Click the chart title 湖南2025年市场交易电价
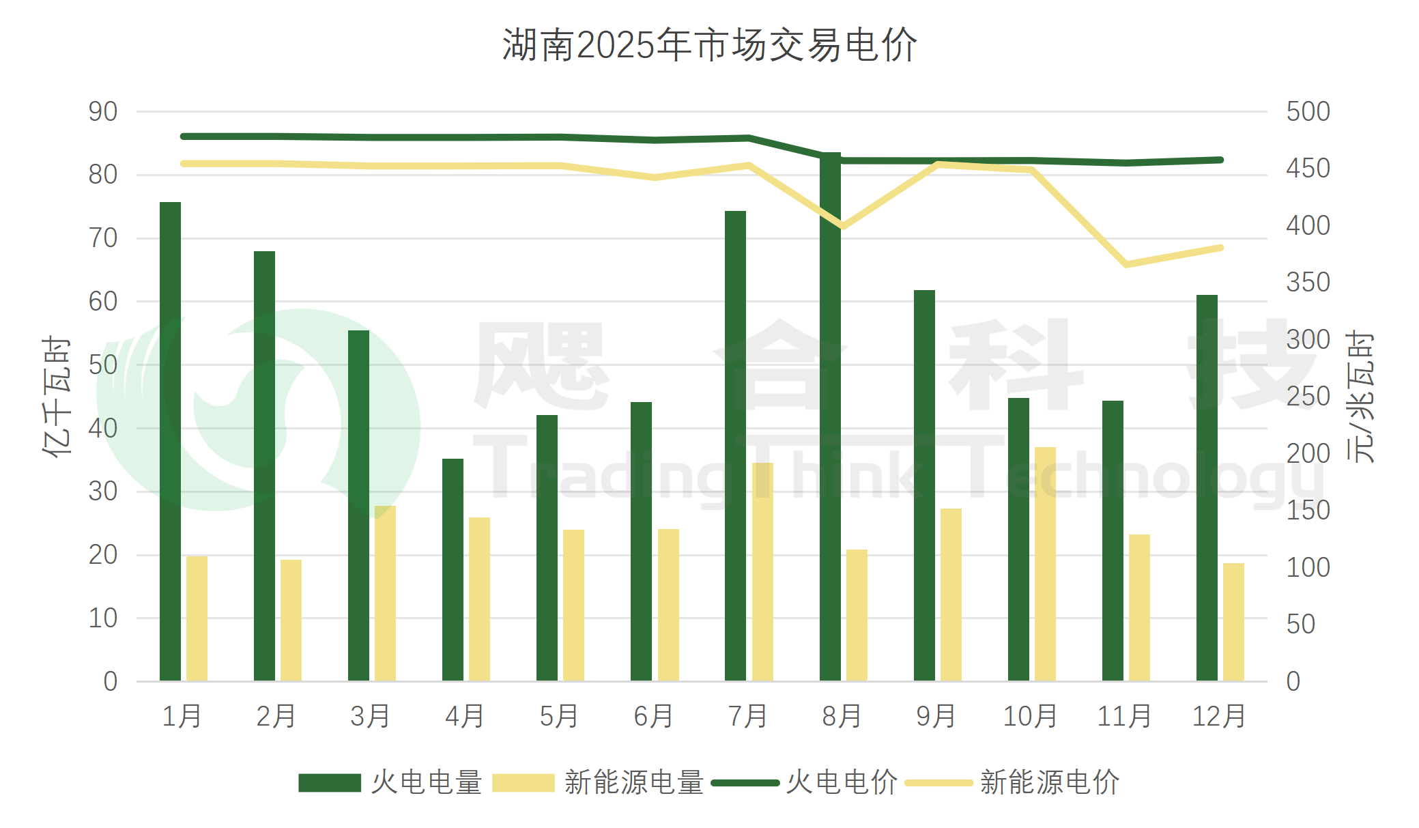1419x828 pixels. coord(709,45)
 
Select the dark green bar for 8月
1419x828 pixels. coord(830,416)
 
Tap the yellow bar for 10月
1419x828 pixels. coord(1045,564)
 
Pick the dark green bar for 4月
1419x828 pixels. coord(453,570)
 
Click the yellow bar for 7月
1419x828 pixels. coord(762,572)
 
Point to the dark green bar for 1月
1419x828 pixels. coord(170,442)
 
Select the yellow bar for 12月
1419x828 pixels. coord(1233,622)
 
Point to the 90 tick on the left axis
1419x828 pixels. coord(103,112)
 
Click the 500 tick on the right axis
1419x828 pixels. coord(1308,112)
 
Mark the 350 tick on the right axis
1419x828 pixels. coord(1308,283)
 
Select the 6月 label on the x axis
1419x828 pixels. coord(653,716)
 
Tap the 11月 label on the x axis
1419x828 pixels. coord(1124,716)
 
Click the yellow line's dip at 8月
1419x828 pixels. coord(844,226)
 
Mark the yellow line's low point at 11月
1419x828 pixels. coord(1126,264)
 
